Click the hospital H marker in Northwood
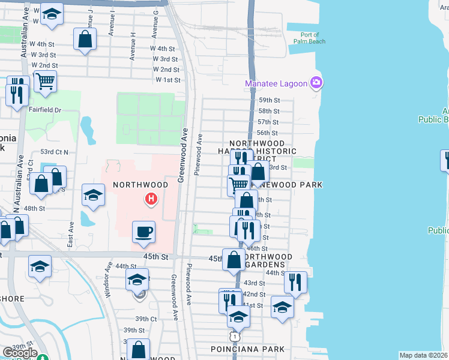pyautogui.click(x=152, y=199)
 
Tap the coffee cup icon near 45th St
pyautogui.click(x=143, y=231)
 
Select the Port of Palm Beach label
pyautogui.click(x=310, y=38)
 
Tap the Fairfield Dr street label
pyautogui.click(x=45, y=110)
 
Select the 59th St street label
pyautogui.click(x=269, y=100)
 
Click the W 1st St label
pyautogui.click(x=168, y=80)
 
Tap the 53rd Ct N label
pyautogui.click(x=55, y=152)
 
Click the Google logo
pyautogui.click(x=19, y=353)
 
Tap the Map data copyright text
pyautogui.click(x=423, y=355)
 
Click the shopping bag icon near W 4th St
pyautogui.click(x=85, y=40)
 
